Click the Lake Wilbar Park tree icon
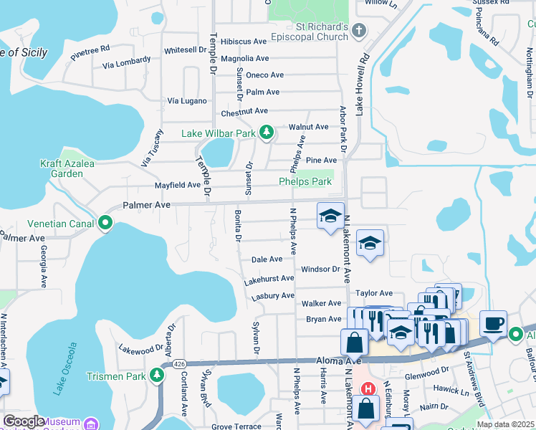pyautogui.click(x=267, y=133)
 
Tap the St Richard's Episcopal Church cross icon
pyautogui.click(x=360, y=30)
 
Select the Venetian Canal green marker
pyautogui.click(x=105, y=223)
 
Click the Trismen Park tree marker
pyautogui.click(x=157, y=376)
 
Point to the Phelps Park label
pyautogui.click(x=305, y=182)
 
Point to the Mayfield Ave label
pyautogui.click(x=178, y=185)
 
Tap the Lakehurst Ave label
pyautogui.click(x=269, y=278)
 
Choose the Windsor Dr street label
pyautogui.click(x=320, y=269)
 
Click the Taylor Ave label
pyautogui.click(x=374, y=293)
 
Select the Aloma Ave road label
pyautogui.click(x=333, y=363)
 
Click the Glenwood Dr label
pyautogui.click(x=426, y=373)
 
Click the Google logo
pyautogui.click(x=23, y=421)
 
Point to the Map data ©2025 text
pyautogui.click(x=505, y=424)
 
